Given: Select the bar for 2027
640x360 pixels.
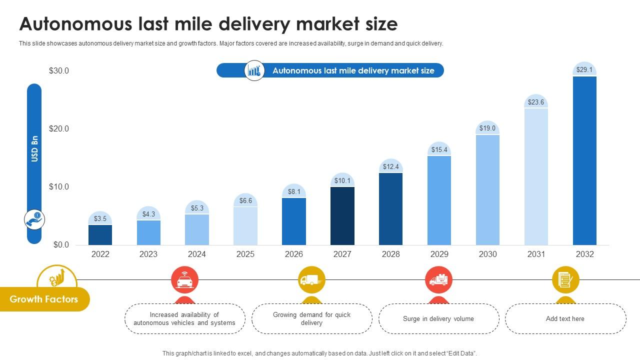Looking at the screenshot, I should [x=342, y=215].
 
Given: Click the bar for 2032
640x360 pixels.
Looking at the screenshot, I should [x=584, y=160].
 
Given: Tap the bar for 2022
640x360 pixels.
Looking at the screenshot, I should [x=100, y=234].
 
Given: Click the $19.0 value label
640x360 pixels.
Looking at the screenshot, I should [x=487, y=128].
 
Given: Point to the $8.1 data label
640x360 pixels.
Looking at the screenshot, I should [x=294, y=191].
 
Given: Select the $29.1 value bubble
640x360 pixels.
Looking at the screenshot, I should [x=584, y=70].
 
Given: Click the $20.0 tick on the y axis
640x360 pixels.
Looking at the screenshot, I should [x=59, y=129].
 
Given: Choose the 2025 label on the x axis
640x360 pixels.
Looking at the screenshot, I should [x=245, y=254].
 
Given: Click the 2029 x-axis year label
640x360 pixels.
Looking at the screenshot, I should [x=439, y=254].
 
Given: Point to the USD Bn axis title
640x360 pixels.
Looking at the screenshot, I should [x=34, y=148].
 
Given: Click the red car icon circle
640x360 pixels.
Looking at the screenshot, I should [x=184, y=280].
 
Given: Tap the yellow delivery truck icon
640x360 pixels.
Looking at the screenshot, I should [x=311, y=280].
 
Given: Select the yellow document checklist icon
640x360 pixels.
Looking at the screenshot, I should [x=565, y=280].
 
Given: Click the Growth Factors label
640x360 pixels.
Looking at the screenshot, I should [x=44, y=299].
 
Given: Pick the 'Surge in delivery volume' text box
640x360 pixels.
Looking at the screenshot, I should [x=438, y=318].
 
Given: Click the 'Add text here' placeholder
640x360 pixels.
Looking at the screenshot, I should [x=565, y=318].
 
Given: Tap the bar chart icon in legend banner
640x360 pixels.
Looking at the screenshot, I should [x=254, y=70].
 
